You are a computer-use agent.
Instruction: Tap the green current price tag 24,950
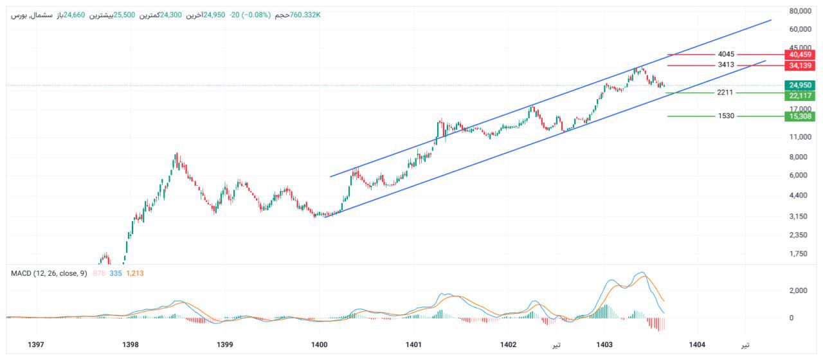coord(800,85)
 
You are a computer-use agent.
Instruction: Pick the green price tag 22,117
coord(800,96)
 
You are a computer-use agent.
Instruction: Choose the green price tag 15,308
coord(800,116)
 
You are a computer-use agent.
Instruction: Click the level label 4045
coord(727,55)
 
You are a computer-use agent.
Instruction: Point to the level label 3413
coord(727,66)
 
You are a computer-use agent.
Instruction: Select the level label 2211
coord(725,93)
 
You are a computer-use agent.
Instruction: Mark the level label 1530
coord(727,116)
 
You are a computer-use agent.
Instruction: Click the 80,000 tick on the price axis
coord(800,11)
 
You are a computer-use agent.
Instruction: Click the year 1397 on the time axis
coord(37,345)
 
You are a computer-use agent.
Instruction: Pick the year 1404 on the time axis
coord(697,345)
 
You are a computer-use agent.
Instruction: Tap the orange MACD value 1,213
coord(135,274)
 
